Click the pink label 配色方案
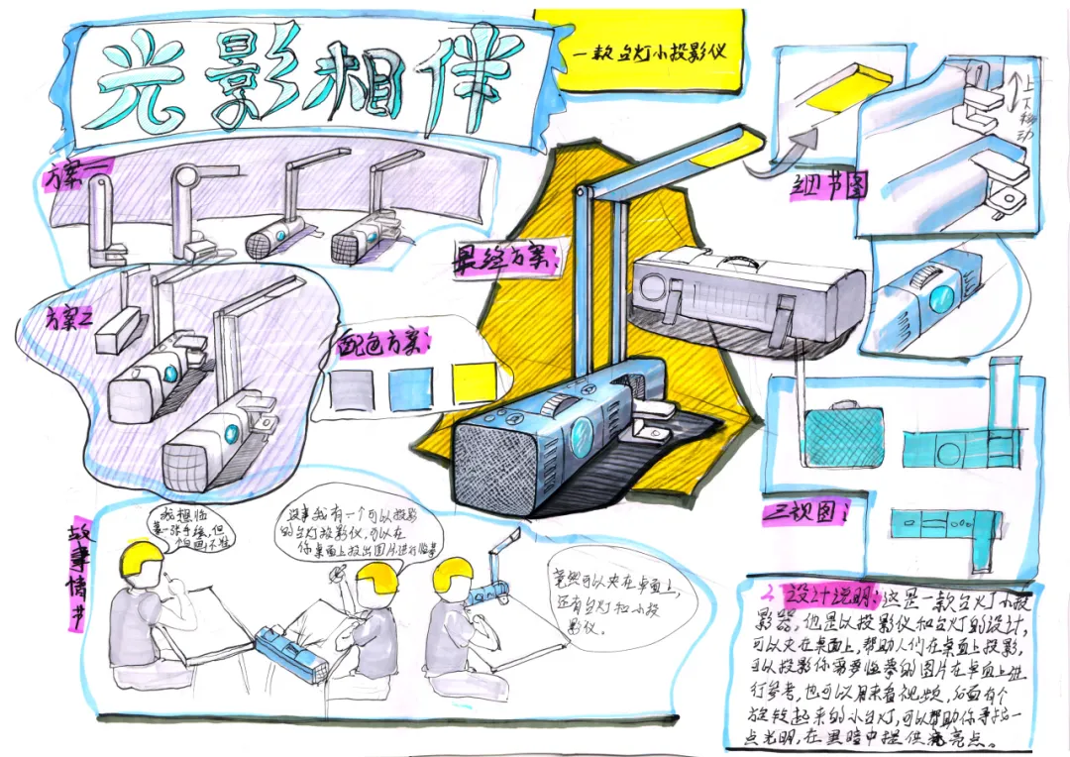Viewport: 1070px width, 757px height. click(x=381, y=343)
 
